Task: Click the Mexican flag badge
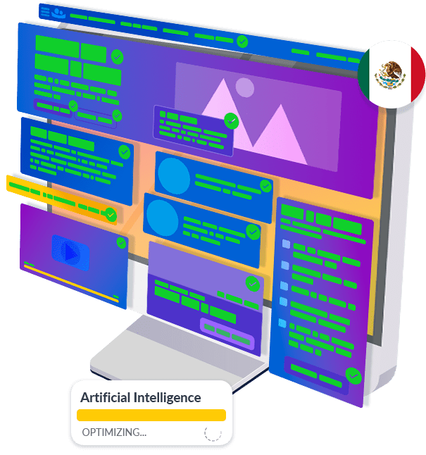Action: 391,74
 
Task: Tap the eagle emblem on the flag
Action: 389,75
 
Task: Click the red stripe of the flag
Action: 416,74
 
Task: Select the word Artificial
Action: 106,397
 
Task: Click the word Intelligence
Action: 167,398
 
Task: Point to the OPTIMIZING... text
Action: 114,432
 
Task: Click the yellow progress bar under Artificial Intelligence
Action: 151,415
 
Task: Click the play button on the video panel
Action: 70,252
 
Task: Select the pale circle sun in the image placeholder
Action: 244,87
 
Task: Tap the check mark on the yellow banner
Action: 111,215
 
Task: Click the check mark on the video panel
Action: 121,242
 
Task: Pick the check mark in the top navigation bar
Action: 242,42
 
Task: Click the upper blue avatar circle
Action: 174,175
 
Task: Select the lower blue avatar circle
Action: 162,218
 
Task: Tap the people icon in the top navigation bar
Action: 58,13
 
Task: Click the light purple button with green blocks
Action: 227,334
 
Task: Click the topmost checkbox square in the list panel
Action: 286,244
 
